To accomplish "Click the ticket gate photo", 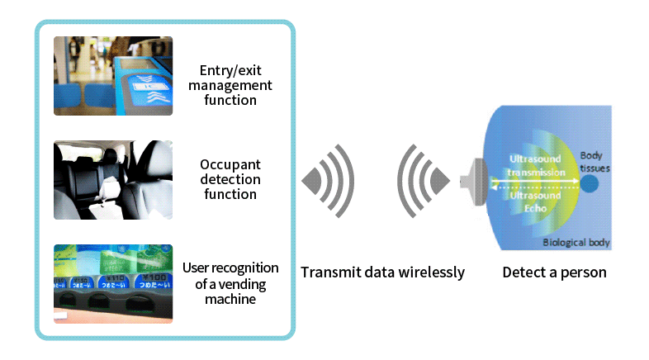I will (x=113, y=75).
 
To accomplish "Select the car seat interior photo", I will (x=113, y=179).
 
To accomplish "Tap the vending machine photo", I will (x=113, y=283).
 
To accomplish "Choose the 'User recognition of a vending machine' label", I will (x=230, y=283).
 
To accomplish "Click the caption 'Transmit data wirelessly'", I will (x=382, y=272).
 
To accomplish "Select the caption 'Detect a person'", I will (x=554, y=272).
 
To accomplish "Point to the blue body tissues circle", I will (x=590, y=182).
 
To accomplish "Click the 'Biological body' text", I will (x=576, y=243).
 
